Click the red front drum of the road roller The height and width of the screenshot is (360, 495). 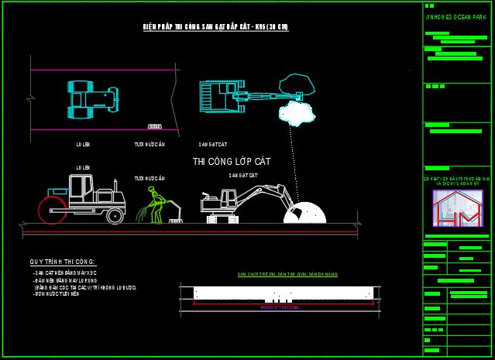52,210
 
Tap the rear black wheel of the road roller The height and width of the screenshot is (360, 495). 115,215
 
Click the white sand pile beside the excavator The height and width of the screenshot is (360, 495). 305,213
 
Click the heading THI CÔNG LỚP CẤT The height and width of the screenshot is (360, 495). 232,162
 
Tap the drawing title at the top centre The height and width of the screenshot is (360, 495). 215,27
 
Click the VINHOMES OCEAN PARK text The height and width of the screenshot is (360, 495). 456,17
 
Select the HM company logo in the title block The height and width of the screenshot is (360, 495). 458,207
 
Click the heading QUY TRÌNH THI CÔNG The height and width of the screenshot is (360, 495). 63,263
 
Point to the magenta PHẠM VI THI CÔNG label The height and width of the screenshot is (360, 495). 279,307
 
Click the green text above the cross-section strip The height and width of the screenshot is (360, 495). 287,275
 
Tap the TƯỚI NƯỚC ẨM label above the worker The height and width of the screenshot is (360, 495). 150,178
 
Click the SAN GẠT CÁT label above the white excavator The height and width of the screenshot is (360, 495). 242,176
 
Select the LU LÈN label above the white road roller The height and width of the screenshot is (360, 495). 83,167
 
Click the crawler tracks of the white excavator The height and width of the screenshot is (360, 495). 222,219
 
